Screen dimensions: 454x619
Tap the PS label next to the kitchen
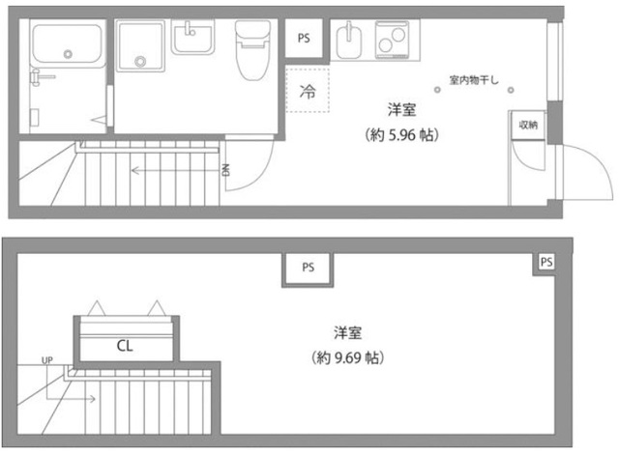coord(305,40)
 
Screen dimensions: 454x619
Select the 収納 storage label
coord(527,125)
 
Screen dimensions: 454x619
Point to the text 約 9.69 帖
coord(349,357)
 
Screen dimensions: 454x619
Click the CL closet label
coord(125,344)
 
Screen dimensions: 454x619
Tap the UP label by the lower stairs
coord(47,361)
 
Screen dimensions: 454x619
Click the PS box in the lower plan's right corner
coord(546,262)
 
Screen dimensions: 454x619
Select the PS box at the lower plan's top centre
coord(308,268)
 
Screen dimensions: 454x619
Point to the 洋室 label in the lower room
coord(348,333)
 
